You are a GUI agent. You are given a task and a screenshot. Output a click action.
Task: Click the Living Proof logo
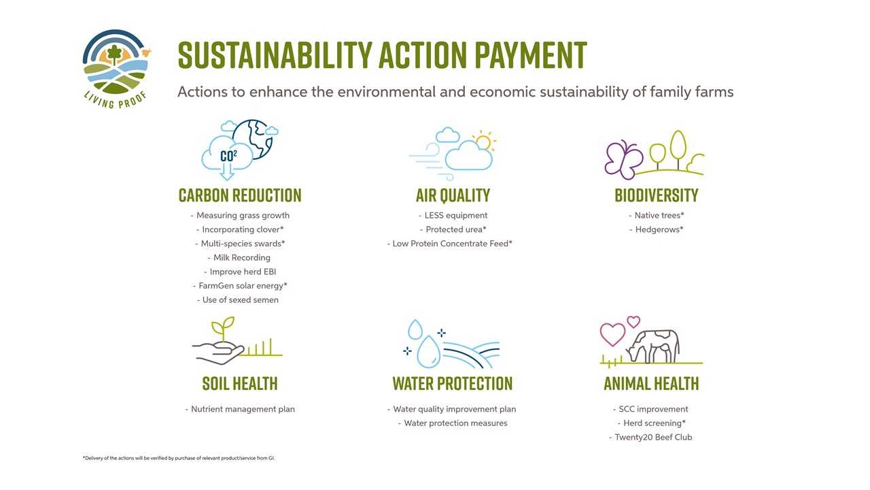tap(116, 69)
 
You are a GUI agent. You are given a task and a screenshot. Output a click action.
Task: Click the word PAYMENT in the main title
tap(531, 55)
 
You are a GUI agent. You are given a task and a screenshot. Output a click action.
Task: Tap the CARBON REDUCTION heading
tap(240, 195)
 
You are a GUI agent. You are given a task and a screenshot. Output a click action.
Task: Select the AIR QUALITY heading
tap(453, 195)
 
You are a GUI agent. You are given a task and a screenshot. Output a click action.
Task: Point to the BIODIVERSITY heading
tap(657, 195)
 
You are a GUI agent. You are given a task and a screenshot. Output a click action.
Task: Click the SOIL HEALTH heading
tap(240, 383)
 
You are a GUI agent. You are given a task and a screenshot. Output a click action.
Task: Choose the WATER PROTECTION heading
tap(453, 383)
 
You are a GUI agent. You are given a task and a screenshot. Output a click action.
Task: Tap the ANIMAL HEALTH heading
tap(651, 383)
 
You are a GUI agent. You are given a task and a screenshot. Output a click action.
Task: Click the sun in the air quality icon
tap(484, 142)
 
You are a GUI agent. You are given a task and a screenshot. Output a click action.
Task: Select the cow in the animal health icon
tap(652, 347)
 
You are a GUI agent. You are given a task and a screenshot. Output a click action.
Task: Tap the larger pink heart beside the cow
tap(613, 333)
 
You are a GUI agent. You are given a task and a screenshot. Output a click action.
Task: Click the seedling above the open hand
tap(223, 329)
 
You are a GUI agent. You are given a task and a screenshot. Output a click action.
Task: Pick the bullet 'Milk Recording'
tap(239, 257)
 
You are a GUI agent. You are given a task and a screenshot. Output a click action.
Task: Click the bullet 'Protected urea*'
tap(453, 229)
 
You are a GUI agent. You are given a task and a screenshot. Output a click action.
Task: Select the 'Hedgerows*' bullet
tap(657, 229)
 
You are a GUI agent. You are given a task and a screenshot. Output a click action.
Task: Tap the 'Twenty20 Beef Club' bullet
tap(650, 437)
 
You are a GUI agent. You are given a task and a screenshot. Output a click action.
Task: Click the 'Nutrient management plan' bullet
tap(240, 409)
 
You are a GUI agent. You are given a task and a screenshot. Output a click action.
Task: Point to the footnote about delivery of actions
tap(179, 458)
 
